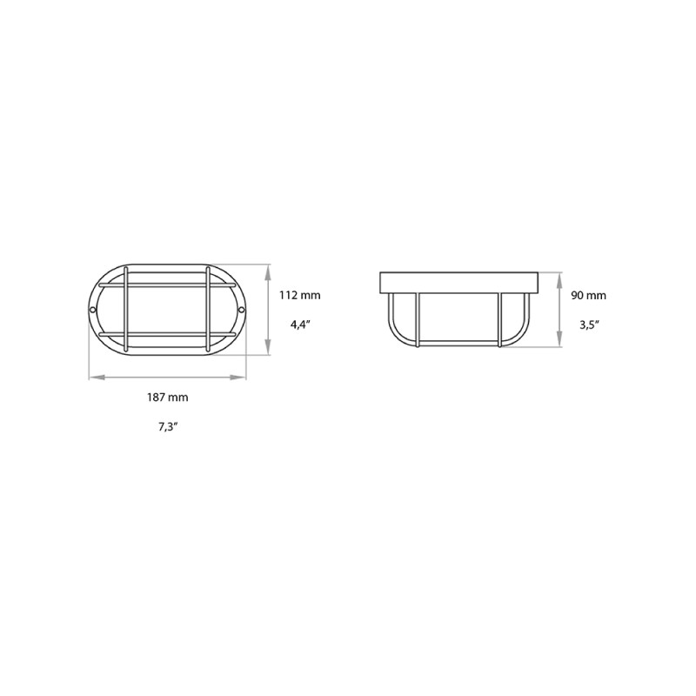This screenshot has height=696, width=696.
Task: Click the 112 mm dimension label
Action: pos(299,295)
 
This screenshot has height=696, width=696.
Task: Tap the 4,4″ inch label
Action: pos(299,324)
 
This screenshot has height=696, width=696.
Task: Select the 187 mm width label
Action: pos(168,397)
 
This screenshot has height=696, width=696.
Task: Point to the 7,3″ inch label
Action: pos(168,426)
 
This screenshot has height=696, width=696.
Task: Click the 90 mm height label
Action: pos(588,295)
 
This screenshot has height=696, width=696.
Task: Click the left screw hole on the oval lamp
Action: pos(93,310)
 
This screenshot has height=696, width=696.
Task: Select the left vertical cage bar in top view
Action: pos(127,310)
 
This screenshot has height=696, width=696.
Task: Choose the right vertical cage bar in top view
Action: pos(208,310)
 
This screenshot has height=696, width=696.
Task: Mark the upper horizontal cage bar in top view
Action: pos(167,284)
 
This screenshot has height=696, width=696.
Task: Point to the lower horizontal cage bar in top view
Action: pos(167,335)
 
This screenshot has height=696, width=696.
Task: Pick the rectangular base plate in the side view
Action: pos(458,283)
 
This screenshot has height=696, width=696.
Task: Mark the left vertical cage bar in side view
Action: pos(418,320)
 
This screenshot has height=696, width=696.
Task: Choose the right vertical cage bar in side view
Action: pos(499,320)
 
